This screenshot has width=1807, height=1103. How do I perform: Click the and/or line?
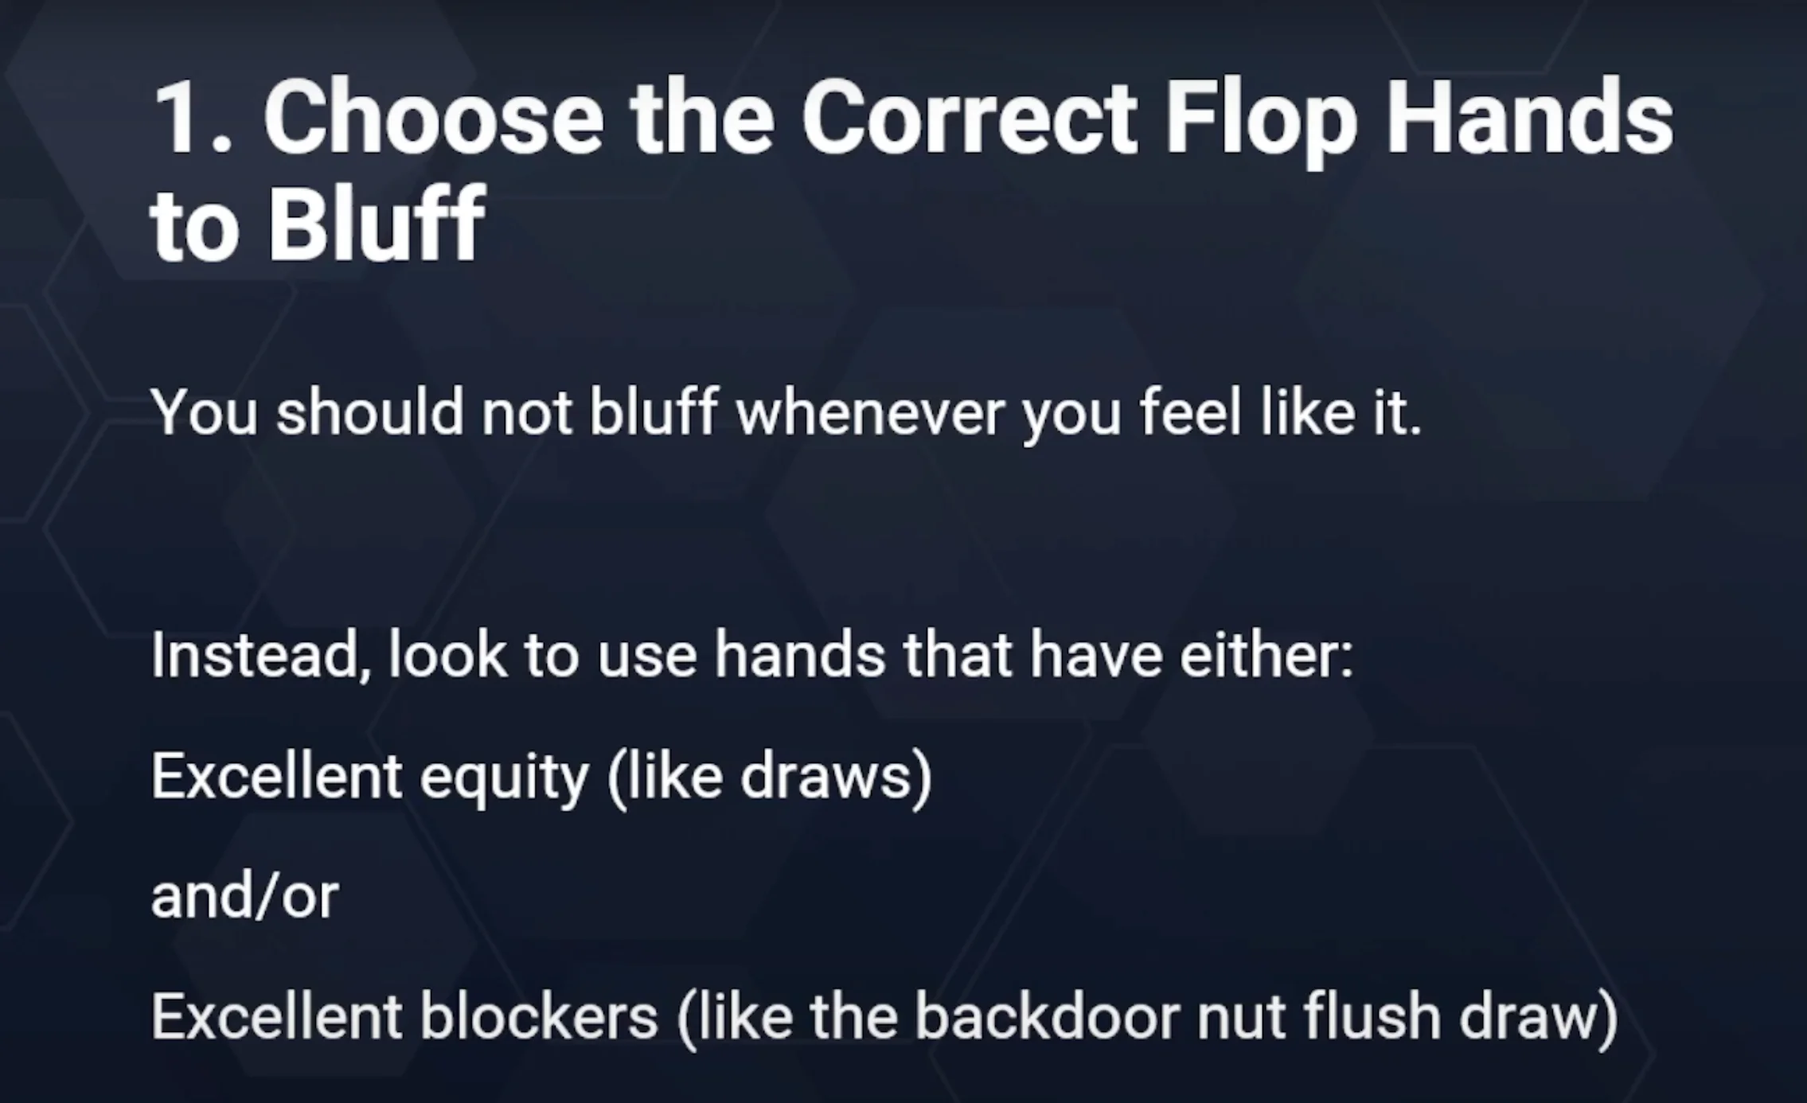(244, 896)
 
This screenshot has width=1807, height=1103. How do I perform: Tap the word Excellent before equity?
(276, 777)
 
